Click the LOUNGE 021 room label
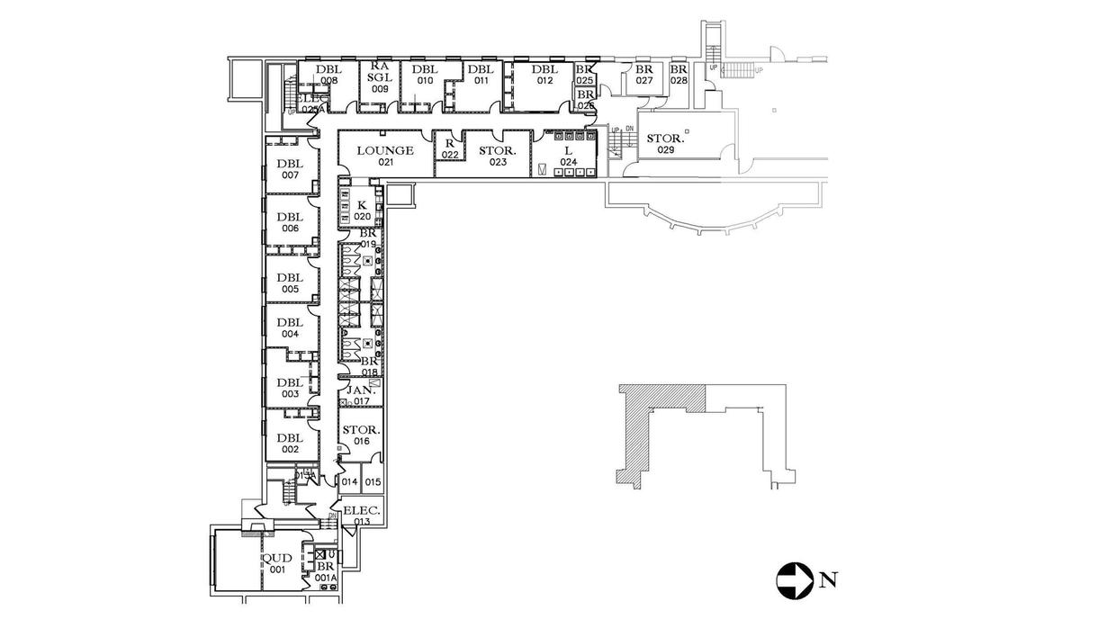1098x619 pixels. pyautogui.click(x=385, y=156)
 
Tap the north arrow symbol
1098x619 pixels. pyautogui.click(x=794, y=579)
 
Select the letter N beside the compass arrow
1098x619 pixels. pyautogui.click(x=825, y=580)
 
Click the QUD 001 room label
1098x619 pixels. pyautogui.click(x=275, y=563)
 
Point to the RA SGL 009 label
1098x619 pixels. pyautogui.click(x=379, y=77)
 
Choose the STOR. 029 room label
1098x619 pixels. pyautogui.click(x=666, y=144)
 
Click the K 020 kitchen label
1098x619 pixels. pyautogui.click(x=362, y=211)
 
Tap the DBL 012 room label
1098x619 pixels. pyautogui.click(x=544, y=75)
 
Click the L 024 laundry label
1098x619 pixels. pyautogui.click(x=568, y=156)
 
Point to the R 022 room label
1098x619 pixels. pyautogui.click(x=449, y=148)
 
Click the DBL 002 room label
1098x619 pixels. pyautogui.click(x=289, y=443)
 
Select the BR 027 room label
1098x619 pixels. pyautogui.click(x=643, y=74)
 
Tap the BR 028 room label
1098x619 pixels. pyautogui.click(x=679, y=74)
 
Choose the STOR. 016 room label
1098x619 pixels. pyautogui.click(x=362, y=435)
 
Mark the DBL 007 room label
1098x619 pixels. pyautogui.click(x=289, y=169)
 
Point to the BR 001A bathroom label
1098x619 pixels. pyautogui.click(x=325, y=571)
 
